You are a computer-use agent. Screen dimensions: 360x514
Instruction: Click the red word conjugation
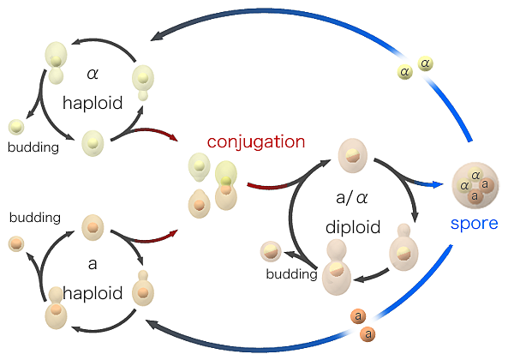pos(256,141)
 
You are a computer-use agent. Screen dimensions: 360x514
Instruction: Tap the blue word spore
pos(474,224)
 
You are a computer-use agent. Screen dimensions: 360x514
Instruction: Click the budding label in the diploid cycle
pos(290,274)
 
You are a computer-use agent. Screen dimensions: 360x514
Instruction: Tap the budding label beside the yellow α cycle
pos(33,147)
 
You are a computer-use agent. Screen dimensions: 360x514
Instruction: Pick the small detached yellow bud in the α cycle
pos(15,127)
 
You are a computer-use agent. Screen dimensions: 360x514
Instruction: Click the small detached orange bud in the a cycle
pos(15,244)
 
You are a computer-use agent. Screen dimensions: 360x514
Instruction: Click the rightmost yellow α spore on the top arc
pos(425,63)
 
